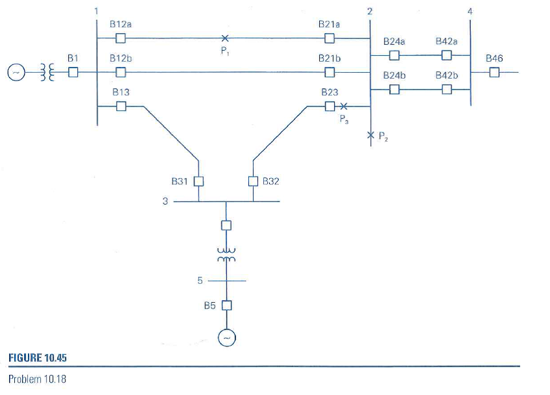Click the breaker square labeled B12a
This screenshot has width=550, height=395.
(120, 38)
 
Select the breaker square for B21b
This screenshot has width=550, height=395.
(329, 71)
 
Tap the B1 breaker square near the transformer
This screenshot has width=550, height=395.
(73, 72)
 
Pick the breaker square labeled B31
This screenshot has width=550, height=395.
(199, 181)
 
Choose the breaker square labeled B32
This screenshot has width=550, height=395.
(253, 181)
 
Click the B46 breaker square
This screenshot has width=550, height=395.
(494, 72)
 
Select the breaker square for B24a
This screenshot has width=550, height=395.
(394, 55)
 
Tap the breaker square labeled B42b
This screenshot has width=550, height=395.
(446, 89)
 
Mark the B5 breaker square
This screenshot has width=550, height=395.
(226, 305)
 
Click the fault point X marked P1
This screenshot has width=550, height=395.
(224, 38)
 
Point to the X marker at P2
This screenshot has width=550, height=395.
(370, 135)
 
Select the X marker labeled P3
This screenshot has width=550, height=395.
(344, 106)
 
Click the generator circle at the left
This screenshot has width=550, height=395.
(16, 72)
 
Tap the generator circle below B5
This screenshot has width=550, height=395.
(226, 338)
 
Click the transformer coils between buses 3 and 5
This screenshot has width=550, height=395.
(226, 254)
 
